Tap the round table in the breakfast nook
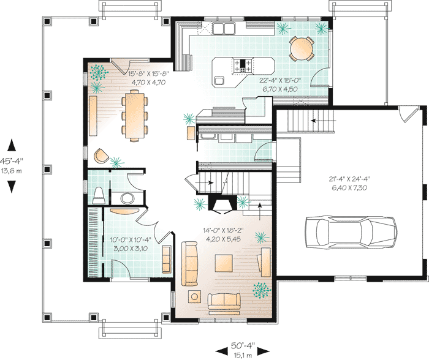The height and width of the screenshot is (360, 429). (x=301, y=48)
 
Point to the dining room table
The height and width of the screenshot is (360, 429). (x=132, y=114)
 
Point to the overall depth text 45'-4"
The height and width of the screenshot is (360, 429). (x=12, y=162)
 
